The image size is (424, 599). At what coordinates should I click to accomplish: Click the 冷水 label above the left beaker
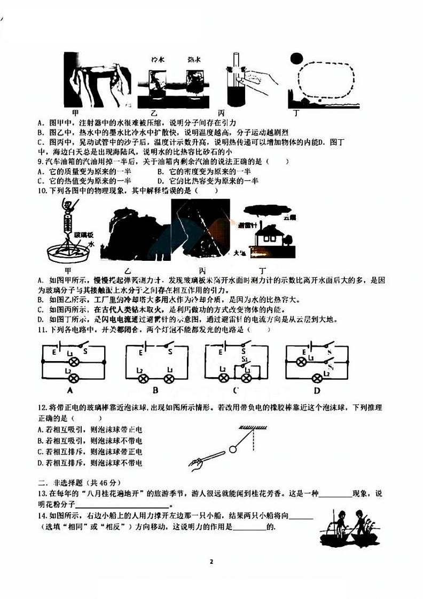(158, 59)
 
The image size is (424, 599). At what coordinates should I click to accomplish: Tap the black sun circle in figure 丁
(296, 59)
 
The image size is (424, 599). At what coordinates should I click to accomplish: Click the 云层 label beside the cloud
(290, 217)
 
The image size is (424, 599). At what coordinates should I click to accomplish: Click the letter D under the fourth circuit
(317, 390)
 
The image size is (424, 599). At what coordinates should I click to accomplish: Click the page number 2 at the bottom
(212, 562)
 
